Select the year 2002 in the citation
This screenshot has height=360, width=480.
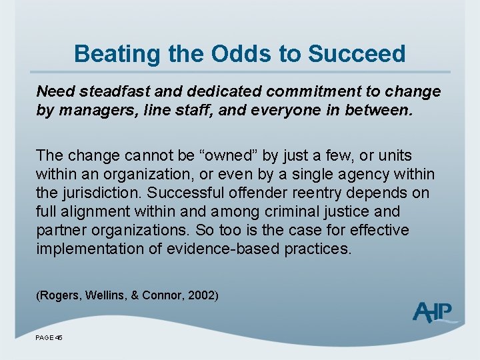202,294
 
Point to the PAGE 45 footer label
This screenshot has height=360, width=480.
49,338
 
